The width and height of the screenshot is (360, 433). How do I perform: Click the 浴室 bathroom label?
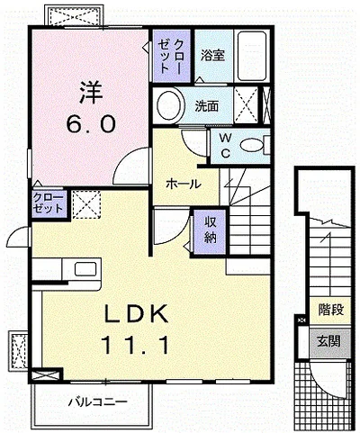[x=212, y=55]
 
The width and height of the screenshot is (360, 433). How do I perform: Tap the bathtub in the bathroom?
[x=252, y=56]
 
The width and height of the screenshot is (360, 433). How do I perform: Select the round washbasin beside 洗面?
[x=169, y=105]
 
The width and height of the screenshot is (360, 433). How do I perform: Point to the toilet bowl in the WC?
[x=250, y=146]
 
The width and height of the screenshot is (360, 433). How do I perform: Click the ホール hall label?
[x=184, y=184]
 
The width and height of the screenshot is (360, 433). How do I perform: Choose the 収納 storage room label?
[x=211, y=230]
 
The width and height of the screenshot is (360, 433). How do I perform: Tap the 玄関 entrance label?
[x=329, y=341]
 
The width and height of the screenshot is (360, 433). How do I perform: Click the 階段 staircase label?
[x=331, y=310]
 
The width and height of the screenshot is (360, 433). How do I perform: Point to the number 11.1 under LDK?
[x=136, y=345]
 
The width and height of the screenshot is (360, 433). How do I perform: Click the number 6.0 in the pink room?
[x=91, y=124]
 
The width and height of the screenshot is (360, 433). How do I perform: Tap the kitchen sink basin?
[x=85, y=268]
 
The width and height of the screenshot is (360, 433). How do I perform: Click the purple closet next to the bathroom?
[x=171, y=56]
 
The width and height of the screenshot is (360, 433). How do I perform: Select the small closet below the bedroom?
[x=49, y=204]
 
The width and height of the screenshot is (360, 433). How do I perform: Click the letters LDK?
[x=136, y=313]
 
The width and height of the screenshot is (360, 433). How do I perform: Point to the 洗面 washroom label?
[x=207, y=105]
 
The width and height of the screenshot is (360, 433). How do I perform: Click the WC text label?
[x=226, y=146]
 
